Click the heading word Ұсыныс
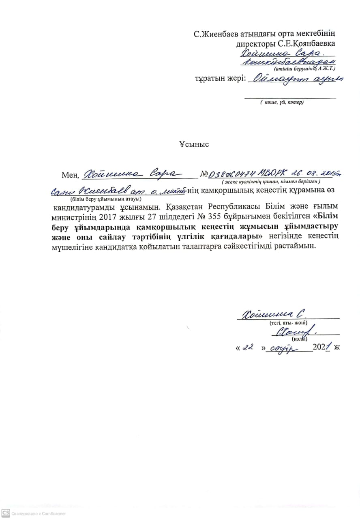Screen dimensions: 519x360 pos(194,144)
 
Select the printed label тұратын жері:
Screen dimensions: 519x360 pos(221,79)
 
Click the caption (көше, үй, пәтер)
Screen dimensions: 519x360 pos(282,102)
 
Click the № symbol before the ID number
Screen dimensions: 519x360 pos(204,175)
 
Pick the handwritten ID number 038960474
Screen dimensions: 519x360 pos(231,174)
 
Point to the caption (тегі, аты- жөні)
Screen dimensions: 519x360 pos(288,323)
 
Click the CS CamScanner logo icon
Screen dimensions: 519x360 pos(5,513)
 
